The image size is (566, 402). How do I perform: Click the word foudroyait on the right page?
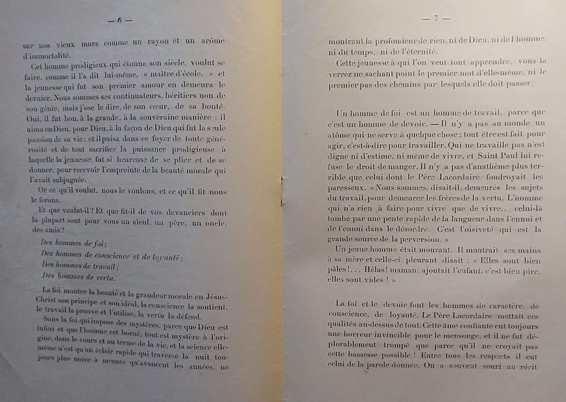point(490,176)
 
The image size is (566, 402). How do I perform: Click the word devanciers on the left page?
point(171,212)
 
